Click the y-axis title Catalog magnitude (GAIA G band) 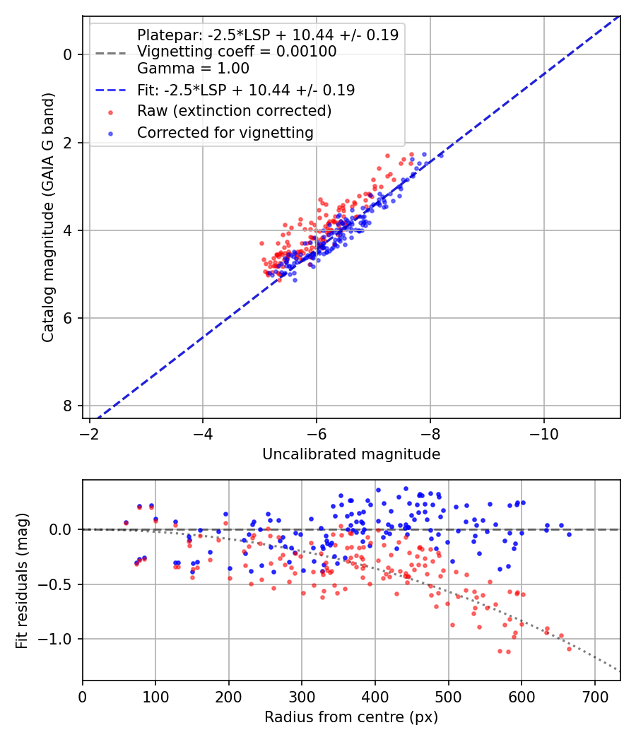[x=48, y=217]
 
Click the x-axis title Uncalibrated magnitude [x=351, y=454]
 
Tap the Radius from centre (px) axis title [x=351, y=717]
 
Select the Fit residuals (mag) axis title [x=22, y=581]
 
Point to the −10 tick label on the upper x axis [x=543, y=434]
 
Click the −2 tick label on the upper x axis [x=90, y=434]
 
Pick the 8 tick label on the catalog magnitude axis [x=68, y=406]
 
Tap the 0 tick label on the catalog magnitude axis [x=68, y=55]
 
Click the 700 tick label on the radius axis [x=594, y=697]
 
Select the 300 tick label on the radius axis [x=302, y=697]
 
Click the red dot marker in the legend [x=111, y=112]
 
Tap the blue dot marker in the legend [x=111, y=134]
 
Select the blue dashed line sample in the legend [x=111, y=90]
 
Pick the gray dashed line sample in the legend [x=111, y=53]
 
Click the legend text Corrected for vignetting [x=225, y=133]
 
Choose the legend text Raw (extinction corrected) [x=234, y=111]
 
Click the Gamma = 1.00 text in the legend [x=193, y=69]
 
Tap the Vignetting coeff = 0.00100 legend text [x=237, y=52]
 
